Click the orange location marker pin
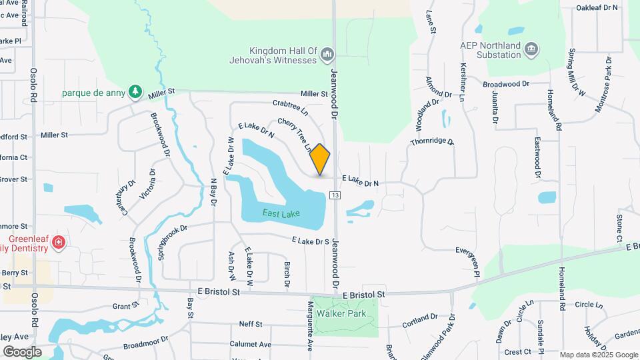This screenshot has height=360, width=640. coord(320,159)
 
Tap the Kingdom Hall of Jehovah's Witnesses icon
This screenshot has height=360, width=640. coord(327,53)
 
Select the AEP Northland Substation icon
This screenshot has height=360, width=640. coord(531,48)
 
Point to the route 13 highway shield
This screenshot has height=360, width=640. coord(335,195)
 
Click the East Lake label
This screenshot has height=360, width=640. coord(281,213)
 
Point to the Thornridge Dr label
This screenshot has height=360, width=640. coord(432,142)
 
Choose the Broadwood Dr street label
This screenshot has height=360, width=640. coord(505,84)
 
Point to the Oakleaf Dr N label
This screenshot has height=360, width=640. coord(598,8)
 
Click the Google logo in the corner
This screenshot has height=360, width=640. coord(22,351)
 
